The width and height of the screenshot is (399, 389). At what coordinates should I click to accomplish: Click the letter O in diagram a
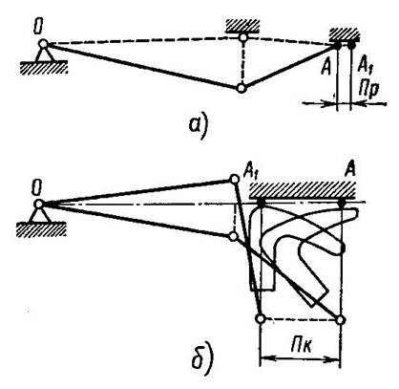38,29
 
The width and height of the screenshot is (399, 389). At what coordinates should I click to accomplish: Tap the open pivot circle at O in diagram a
43,43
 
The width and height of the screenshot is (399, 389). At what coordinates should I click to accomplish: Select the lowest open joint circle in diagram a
241,88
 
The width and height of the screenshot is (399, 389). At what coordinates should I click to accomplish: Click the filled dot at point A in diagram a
337,46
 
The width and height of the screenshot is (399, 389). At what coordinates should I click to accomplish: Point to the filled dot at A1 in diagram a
351,45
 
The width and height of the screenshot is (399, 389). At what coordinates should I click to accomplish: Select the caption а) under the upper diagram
198,125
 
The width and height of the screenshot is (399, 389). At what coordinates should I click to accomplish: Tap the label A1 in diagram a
365,64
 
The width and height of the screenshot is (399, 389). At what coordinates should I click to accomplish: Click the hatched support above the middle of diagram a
243,26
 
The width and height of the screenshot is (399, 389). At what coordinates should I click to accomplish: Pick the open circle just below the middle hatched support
243,38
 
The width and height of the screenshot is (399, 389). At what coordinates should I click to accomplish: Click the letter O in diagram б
37,188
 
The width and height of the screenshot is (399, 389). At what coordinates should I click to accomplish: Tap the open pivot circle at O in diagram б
38,204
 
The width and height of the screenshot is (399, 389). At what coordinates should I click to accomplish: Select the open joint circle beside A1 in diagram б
234,180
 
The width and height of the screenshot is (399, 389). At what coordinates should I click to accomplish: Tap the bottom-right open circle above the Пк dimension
340,319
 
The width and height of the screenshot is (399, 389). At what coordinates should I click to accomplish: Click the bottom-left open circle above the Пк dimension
261,318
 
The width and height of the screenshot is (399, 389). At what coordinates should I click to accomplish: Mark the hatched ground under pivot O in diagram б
41,229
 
